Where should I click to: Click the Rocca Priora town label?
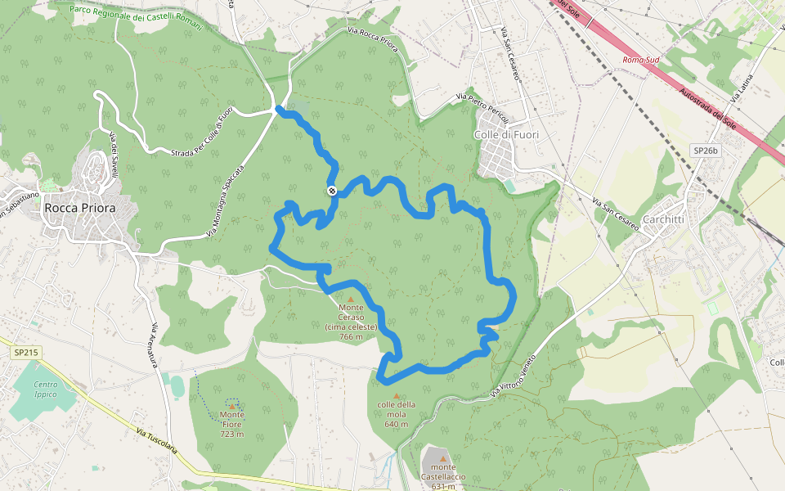[80, 209]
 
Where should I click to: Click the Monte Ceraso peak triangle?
[351, 300]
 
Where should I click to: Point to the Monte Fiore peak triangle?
[232, 405]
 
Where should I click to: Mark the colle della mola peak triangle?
[397, 395]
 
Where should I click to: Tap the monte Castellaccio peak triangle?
[443, 458]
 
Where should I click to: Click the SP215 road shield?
[26, 353]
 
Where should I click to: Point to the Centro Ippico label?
[46, 389]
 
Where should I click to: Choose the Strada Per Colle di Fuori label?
[202, 132]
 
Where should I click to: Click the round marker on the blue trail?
[332, 191]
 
